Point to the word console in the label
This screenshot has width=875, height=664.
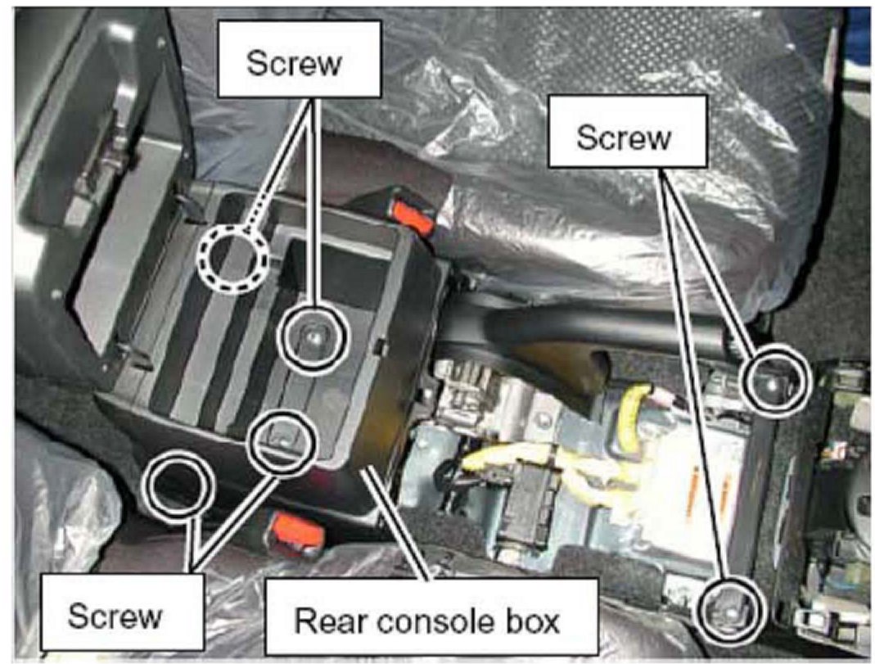coord(439,620)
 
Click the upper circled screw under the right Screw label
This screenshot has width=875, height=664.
coord(774,378)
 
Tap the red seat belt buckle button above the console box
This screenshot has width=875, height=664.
coord(412,215)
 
